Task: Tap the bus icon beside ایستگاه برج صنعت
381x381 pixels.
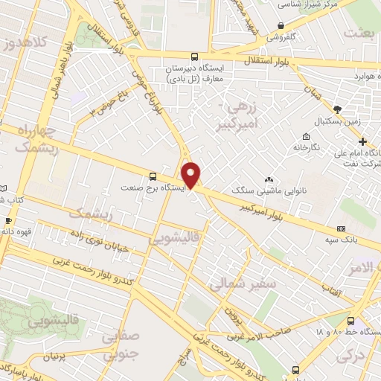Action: tap(153, 176)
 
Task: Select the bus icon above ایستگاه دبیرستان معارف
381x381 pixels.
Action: tap(194, 57)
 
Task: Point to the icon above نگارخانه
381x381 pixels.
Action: tap(306, 136)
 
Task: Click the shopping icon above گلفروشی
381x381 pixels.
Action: tap(281, 25)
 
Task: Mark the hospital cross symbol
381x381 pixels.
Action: tap(362, 142)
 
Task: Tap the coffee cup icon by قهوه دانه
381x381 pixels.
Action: tap(8, 221)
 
